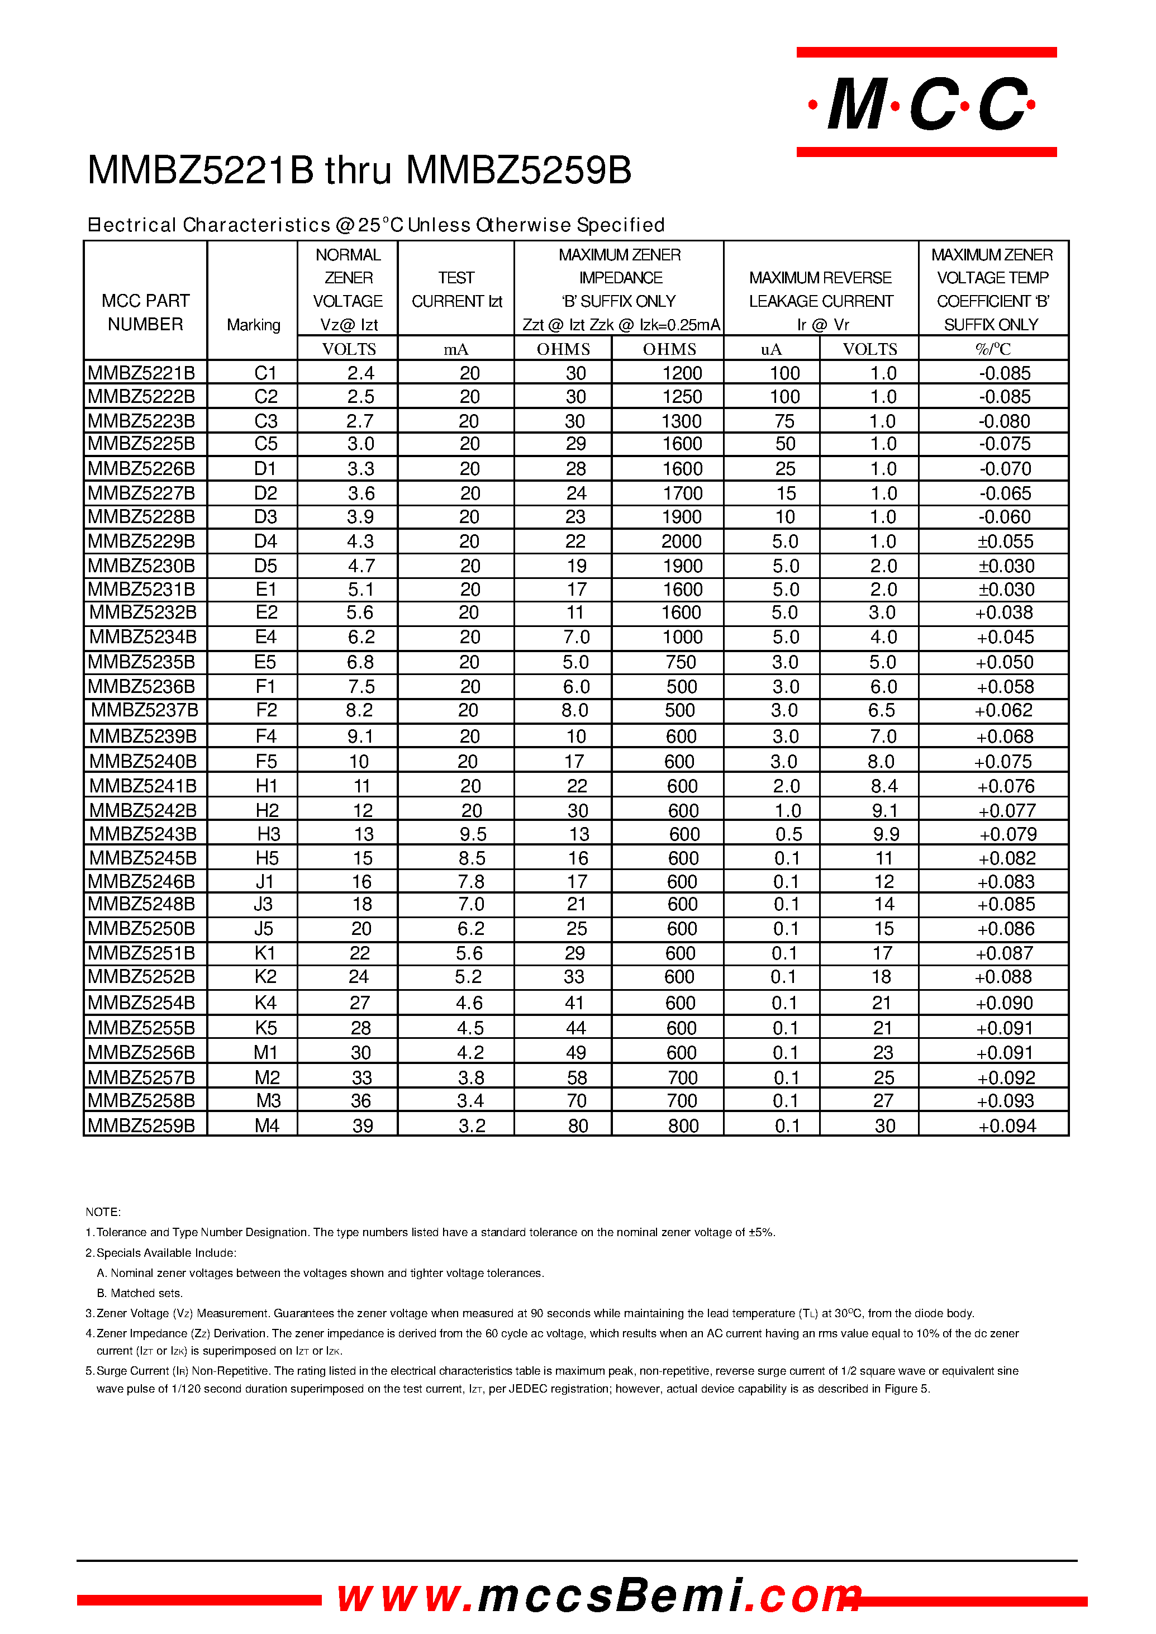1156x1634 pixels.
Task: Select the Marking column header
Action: coord(254,325)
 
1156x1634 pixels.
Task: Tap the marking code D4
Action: coord(265,541)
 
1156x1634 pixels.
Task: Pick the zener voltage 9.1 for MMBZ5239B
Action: coord(360,736)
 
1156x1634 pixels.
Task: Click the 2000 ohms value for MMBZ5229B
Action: coord(681,541)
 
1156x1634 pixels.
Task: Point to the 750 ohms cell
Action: coord(681,662)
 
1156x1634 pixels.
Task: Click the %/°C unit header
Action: coord(993,349)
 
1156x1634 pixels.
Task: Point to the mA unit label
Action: coord(455,349)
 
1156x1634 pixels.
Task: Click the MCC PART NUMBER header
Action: coord(145,312)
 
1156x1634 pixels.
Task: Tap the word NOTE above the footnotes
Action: coord(103,1212)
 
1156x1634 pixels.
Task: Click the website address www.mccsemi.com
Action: coord(598,1595)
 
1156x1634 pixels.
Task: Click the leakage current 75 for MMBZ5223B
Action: coord(784,421)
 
